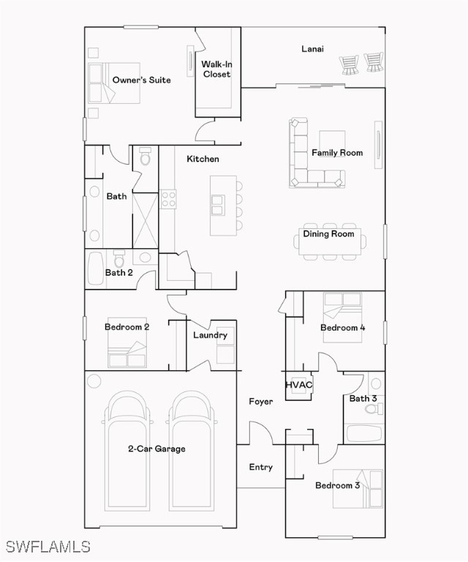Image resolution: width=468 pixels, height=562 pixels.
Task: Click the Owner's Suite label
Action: pos(141,80)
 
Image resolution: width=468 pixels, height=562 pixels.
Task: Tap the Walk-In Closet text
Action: pos(216,70)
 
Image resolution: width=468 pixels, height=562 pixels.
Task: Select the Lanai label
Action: pos(312,49)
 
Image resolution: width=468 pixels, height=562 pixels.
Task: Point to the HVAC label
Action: pos(298,385)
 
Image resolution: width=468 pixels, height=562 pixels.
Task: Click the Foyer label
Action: pos(260,402)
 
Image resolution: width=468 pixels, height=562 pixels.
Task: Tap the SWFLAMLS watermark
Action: pos(48,547)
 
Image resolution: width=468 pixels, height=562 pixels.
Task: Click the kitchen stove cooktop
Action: pos(168,199)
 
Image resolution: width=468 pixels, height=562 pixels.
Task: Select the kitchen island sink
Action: pos(218,205)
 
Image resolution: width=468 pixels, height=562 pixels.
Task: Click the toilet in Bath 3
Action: pos(374,408)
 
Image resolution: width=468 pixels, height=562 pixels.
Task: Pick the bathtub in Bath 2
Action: pos(96,269)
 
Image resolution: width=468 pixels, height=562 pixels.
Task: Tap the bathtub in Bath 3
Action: pos(364,434)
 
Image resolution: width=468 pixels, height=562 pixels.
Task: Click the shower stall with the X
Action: pos(145,220)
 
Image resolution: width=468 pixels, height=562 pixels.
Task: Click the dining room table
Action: pos(330,241)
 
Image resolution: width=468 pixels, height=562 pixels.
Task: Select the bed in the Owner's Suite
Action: pos(114,83)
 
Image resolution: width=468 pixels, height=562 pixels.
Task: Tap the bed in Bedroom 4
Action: pos(342,317)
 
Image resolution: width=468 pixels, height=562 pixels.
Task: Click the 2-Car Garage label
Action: pos(156,449)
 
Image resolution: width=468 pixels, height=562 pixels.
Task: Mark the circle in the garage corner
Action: pos(94,381)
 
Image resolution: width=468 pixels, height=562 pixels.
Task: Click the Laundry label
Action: pos(210,335)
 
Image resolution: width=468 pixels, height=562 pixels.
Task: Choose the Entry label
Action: pos(260,467)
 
